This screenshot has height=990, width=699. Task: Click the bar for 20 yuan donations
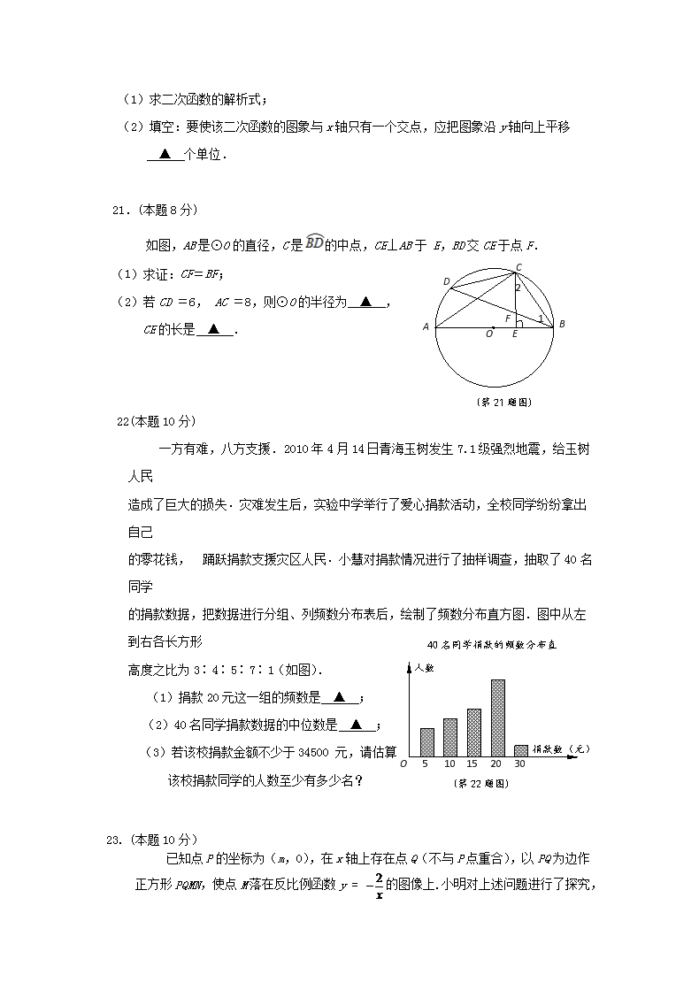pos(497,718)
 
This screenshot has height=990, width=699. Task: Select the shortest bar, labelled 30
pos(521,750)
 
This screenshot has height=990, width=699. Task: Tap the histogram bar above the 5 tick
pos(427,741)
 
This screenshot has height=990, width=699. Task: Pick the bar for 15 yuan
pos(473,732)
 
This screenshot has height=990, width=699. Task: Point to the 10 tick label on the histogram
pos(449,764)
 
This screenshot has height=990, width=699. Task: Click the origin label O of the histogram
pos(403,764)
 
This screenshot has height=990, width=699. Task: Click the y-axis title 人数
pos(425,670)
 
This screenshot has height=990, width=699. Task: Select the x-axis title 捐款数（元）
pos(566,748)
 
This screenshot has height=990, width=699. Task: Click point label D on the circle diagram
pos(447,281)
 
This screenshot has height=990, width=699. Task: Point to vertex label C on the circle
pos(518,266)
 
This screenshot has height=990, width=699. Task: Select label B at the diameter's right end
pos(561,325)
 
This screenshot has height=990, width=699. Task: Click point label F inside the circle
pos(507,318)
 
